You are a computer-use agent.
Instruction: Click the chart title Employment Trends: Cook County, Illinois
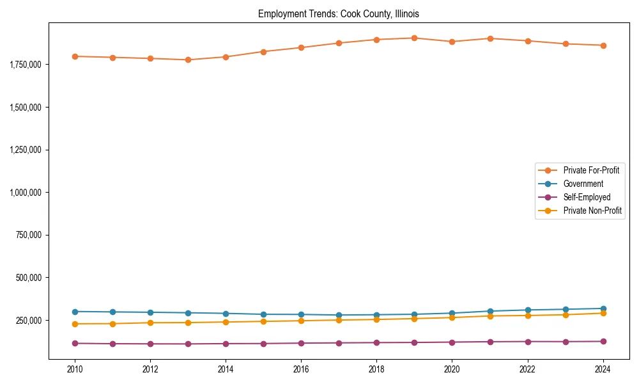point(339,13)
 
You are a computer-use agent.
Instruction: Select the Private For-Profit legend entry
point(590,170)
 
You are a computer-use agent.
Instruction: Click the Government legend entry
point(583,184)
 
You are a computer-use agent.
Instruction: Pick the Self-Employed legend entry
point(587,197)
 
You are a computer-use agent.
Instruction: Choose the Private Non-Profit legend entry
point(592,211)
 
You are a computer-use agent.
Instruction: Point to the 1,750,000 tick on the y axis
point(26,65)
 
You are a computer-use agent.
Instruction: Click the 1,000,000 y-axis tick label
point(26,193)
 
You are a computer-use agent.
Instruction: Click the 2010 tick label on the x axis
point(75,369)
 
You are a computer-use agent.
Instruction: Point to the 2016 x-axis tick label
point(301,369)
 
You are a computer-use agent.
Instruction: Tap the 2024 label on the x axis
point(603,369)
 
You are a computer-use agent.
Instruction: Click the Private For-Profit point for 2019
point(414,38)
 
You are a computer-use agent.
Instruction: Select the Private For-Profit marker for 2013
point(188,60)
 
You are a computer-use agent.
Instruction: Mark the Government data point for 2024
point(603,308)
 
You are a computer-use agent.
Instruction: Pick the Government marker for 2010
point(75,312)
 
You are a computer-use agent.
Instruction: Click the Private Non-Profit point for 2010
point(75,324)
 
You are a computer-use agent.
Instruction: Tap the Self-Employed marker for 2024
point(603,341)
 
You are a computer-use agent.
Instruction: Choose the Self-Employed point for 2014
point(226,344)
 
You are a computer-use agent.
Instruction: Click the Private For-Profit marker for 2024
point(603,45)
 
